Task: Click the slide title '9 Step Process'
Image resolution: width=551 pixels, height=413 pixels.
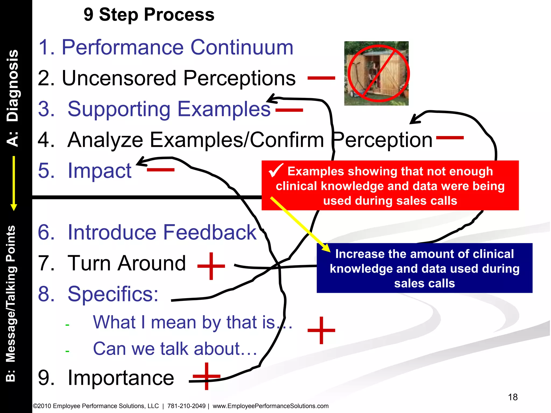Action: tap(149, 15)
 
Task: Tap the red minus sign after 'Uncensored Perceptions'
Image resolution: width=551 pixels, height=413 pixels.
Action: tap(321, 78)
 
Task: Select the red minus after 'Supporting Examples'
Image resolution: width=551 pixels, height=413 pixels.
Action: tap(289, 110)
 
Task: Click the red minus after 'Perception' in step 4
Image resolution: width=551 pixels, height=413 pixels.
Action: tap(450, 138)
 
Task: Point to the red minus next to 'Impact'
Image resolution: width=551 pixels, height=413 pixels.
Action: tap(161, 170)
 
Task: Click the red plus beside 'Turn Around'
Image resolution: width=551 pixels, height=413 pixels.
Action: tap(211, 266)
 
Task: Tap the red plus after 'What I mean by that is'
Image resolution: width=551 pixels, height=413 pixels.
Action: tap(321, 330)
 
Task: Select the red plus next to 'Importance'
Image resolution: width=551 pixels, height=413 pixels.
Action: tap(206, 376)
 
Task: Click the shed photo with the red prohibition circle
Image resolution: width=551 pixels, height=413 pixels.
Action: tap(376, 73)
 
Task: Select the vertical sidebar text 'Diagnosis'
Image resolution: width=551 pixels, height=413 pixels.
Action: tap(13, 86)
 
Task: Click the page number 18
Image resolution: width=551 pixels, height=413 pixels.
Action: tap(513, 397)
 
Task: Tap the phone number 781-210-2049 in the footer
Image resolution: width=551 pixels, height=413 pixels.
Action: tap(186, 406)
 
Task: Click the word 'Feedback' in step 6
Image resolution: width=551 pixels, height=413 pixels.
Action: tap(210, 232)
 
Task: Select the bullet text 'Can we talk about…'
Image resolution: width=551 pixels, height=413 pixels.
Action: tap(175, 349)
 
